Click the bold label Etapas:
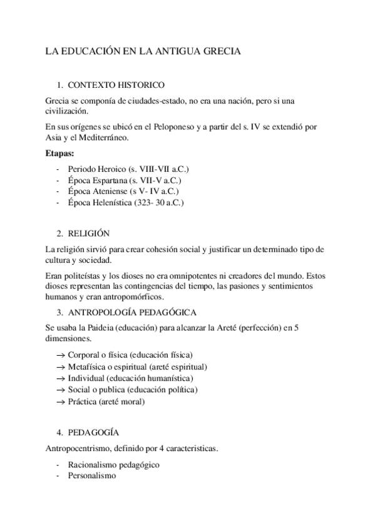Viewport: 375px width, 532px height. coord(60,152)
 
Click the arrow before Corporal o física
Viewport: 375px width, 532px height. coord(61,355)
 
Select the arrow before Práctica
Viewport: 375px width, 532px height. coord(61,402)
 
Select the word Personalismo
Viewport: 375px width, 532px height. coord(91,476)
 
